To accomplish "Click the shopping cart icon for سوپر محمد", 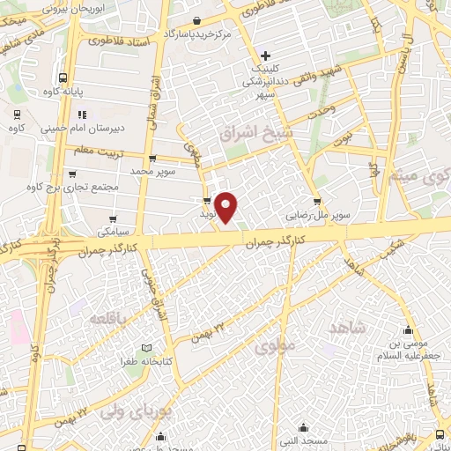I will (x=153, y=159).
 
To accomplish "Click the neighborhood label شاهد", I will (x=344, y=328).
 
